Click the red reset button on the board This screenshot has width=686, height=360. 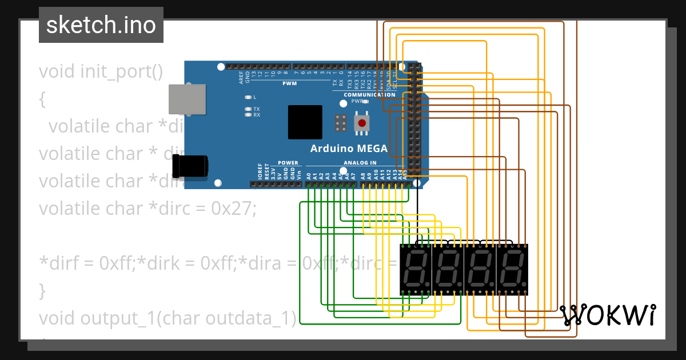point(361,123)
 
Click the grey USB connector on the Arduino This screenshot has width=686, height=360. point(187,98)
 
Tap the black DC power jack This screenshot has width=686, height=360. point(191,167)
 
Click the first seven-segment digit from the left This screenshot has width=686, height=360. point(415,269)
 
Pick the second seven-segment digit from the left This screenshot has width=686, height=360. point(447,269)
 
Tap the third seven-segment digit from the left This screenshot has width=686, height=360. point(480,269)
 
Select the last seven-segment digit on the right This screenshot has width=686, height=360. point(512,269)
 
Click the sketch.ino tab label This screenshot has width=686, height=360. point(101,25)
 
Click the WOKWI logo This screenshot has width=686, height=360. point(608,315)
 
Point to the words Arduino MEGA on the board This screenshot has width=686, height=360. point(349,149)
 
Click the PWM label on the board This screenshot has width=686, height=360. point(289,84)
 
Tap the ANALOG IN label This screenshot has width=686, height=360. point(360,163)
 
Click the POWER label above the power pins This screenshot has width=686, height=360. point(288,163)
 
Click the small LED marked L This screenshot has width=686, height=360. point(248,97)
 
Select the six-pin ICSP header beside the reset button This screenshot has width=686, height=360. point(341,122)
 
